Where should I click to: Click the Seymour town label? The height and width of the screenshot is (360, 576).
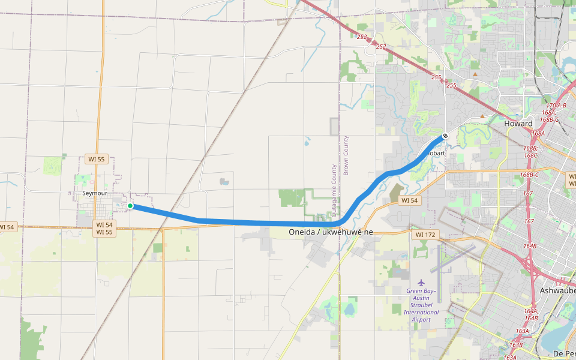tap(95, 193)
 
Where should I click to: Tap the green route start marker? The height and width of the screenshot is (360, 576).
tap(130, 206)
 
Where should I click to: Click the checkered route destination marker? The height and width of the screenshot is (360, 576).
tap(445, 136)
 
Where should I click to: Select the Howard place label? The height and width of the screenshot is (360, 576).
tap(518, 124)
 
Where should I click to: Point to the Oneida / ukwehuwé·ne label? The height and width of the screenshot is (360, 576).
tap(331, 232)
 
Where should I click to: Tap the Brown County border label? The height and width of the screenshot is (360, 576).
tap(346, 155)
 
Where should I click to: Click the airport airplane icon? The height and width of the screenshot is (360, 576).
tap(421, 282)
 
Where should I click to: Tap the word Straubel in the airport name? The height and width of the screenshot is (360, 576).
tap(421, 305)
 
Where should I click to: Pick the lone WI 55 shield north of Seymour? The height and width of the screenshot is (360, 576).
tap(96, 159)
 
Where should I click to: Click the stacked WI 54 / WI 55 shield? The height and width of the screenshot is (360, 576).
tap(104, 228)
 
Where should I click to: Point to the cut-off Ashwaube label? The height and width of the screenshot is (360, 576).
tap(557, 290)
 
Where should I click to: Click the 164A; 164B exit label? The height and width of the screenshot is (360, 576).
tap(531, 314)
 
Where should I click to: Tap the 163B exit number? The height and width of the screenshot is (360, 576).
tap(516, 345)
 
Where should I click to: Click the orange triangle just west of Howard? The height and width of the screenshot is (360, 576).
tap(482, 116)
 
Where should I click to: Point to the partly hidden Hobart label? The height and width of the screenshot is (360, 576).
tap(437, 153)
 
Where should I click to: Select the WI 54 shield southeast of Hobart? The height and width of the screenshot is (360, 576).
tap(409, 200)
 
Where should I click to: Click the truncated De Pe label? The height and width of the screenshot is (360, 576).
tap(565, 353)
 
